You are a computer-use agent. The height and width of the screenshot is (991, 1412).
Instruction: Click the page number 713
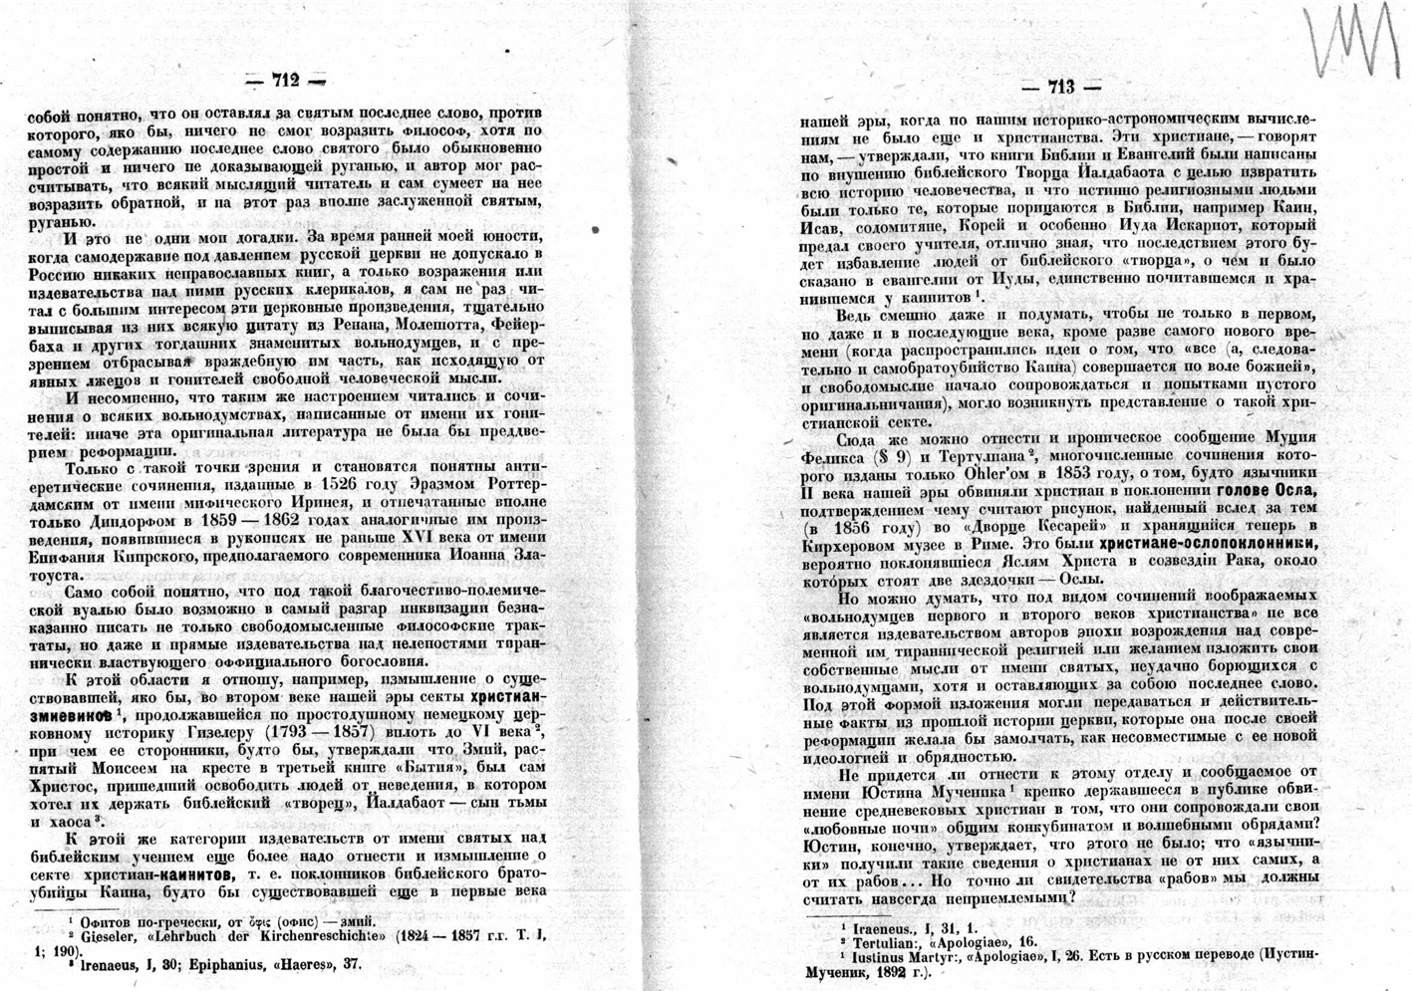(x=1061, y=88)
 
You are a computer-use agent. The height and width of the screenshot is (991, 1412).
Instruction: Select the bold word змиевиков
(x=67, y=713)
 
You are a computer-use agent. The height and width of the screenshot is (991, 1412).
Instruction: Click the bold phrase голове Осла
(x=1266, y=491)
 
